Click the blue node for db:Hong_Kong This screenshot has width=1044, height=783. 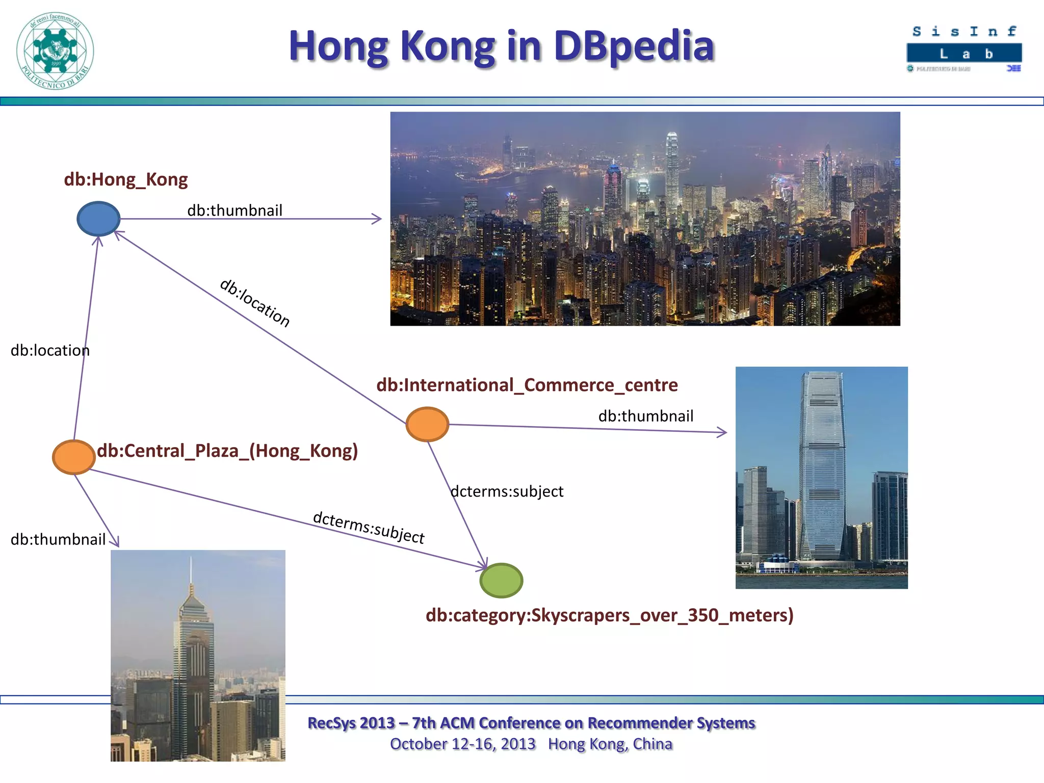(98, 219)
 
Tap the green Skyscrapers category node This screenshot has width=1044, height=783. (501, 580)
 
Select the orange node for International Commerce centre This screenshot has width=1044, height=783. (427, 424)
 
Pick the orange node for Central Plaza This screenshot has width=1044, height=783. (74, 457)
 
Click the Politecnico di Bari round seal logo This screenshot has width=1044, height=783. (55, 51)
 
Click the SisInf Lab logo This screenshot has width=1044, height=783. (964, 49)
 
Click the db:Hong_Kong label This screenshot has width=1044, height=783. (125, 179)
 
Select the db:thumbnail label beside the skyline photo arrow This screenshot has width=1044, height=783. (234, 210)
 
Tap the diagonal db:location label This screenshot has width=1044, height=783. (255, 303)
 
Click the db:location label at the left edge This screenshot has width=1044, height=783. (50, 350)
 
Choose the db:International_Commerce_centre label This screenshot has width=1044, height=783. (527, 385)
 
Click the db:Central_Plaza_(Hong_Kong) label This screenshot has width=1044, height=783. (227, 451)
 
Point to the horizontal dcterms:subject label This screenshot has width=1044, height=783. (507, 491)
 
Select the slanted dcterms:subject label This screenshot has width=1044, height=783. (368, 528)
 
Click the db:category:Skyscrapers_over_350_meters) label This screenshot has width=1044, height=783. (609, 615)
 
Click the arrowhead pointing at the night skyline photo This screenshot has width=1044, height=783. (377, 219)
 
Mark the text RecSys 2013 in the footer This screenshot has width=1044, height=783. (351, 723)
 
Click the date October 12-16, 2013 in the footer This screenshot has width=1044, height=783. (462, 744)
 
